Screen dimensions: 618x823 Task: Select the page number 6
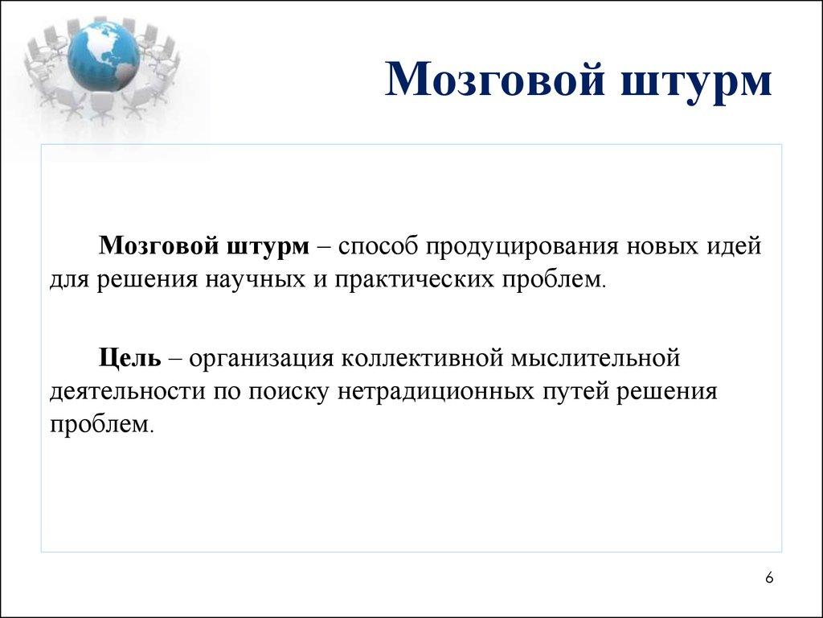769,578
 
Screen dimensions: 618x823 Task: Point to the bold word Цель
130,356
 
